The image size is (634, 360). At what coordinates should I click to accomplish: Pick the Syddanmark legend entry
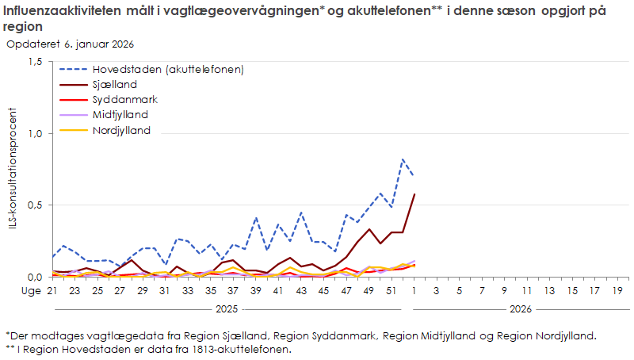124,100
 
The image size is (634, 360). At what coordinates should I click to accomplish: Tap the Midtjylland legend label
120,115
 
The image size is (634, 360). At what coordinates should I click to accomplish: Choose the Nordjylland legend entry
121,131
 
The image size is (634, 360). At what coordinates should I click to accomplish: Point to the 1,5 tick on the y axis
34,62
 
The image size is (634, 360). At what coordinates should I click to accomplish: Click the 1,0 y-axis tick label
34,133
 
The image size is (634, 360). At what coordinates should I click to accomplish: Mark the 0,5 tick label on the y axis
34,205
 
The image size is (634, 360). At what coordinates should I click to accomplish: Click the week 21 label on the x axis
52,292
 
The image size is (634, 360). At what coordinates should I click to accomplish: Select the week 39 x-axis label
256,292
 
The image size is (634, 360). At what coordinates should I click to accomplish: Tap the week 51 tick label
391,292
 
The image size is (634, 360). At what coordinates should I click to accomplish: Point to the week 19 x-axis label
617,292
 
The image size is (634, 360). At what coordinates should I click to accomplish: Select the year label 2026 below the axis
520,308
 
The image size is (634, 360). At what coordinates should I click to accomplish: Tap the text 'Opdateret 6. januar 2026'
71,44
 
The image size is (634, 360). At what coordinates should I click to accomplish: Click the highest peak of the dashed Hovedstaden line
403,159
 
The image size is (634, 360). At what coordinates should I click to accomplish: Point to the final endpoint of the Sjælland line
414,194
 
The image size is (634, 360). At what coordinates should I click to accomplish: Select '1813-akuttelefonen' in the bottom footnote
243,349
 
